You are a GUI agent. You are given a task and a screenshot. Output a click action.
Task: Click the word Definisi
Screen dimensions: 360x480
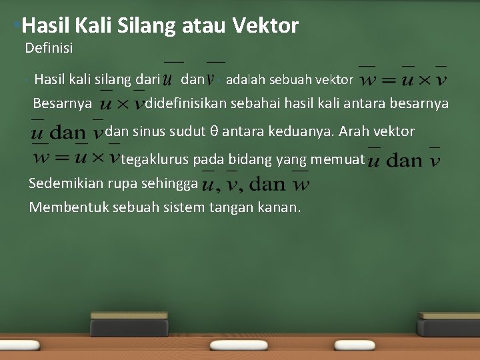tap(49, 48)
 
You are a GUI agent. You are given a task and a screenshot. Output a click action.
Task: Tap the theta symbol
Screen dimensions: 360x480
tap(214, 131)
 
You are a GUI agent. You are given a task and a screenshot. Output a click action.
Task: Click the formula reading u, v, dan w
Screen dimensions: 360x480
tap(255, 183)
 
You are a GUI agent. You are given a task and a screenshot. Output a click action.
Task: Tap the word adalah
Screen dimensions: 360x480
tap(245, 80)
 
